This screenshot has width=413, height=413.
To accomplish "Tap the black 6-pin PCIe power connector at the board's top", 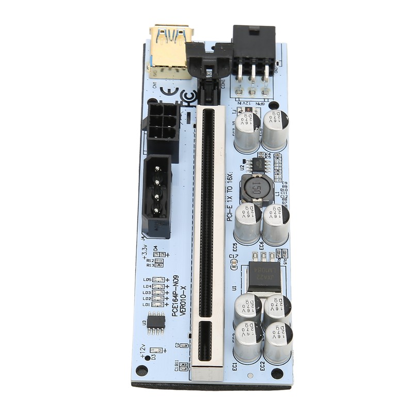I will [253, 52].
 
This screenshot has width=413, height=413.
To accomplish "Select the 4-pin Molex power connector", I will [157, 196].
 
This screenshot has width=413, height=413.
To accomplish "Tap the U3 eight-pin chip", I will [156, 323].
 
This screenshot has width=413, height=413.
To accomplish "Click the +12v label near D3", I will [143, 351].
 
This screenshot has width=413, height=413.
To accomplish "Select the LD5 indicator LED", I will [158, 280].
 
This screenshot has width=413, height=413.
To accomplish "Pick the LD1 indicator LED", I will [158, 305].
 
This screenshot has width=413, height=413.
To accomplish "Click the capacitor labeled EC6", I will [276, 225].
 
